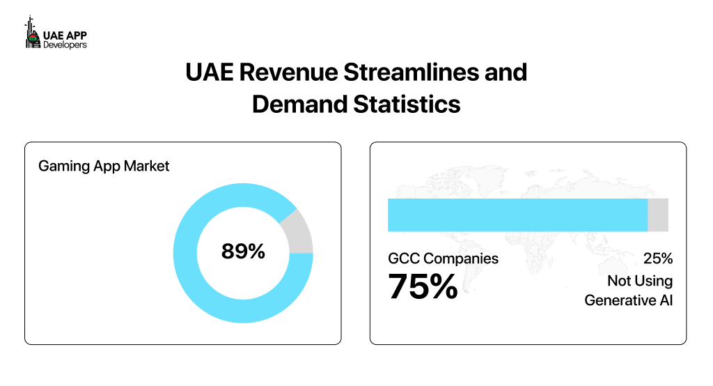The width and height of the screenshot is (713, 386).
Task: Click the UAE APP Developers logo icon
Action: [30, 33]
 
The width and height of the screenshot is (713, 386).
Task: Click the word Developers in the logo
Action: [65, 44]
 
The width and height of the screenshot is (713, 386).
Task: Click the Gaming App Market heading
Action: [104, 167]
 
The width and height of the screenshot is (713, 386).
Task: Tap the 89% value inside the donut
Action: [243, 252]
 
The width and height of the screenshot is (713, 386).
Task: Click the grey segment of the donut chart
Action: [299, 232]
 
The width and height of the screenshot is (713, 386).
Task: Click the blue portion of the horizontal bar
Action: [517, 215]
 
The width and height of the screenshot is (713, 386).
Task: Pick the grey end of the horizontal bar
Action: [658, 215]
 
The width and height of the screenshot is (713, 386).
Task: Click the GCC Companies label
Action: [443, 258]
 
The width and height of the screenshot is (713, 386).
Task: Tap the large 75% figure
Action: [423, 286]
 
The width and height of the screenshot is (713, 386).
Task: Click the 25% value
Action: [658, 258]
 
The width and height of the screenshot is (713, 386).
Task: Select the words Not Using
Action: [639, 281]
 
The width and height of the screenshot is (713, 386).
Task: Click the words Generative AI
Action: [628, 301]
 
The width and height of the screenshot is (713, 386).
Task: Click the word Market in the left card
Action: [147, 167]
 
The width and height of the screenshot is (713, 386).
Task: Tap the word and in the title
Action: [504, 72]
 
